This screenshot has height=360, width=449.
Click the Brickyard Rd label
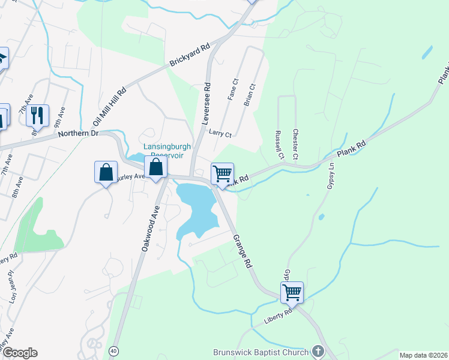click(190, 55)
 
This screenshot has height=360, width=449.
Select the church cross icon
click(318, 352)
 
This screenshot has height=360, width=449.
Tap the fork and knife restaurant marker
click(37, 115)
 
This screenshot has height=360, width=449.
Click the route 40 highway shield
click(113, 350)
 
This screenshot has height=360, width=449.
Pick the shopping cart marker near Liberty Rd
click(292, 293)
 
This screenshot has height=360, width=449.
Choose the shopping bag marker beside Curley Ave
click(106, 172)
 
